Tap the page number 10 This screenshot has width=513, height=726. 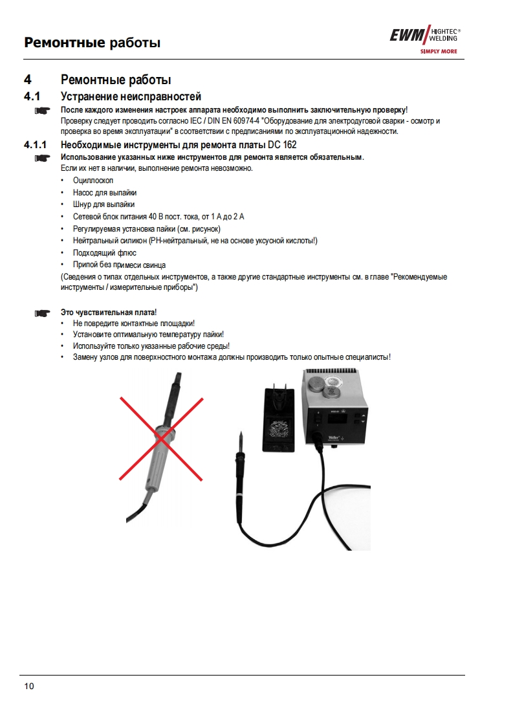pyautogui.click(x=28, y=686)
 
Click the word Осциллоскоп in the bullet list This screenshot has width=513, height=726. pyautogui.click(x=93, y=181)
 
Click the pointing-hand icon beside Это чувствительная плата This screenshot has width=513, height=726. pyautogui.click(x=42, y=313)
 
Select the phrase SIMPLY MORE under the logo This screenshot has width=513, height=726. pyautogui.click(x=439, y=50)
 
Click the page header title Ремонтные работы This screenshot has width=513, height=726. pyautogui.click(x=92, y=43)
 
